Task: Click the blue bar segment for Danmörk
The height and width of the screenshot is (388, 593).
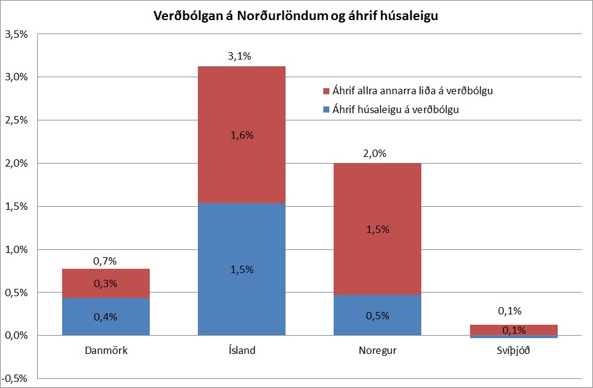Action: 106,304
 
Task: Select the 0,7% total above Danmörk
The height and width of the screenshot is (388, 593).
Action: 105,261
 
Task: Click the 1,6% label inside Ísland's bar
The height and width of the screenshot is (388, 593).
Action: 242,136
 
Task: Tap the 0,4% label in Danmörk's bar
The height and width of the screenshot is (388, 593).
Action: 105,316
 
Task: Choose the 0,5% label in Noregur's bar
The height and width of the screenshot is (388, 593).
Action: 377,316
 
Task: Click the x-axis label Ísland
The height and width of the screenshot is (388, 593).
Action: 242,350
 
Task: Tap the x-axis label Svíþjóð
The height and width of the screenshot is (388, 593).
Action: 514,350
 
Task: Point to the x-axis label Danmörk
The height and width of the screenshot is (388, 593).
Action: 106,350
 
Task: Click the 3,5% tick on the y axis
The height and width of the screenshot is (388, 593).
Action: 16,35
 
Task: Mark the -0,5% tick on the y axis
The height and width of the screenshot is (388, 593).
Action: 15,379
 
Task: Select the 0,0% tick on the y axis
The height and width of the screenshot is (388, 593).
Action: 16,336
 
